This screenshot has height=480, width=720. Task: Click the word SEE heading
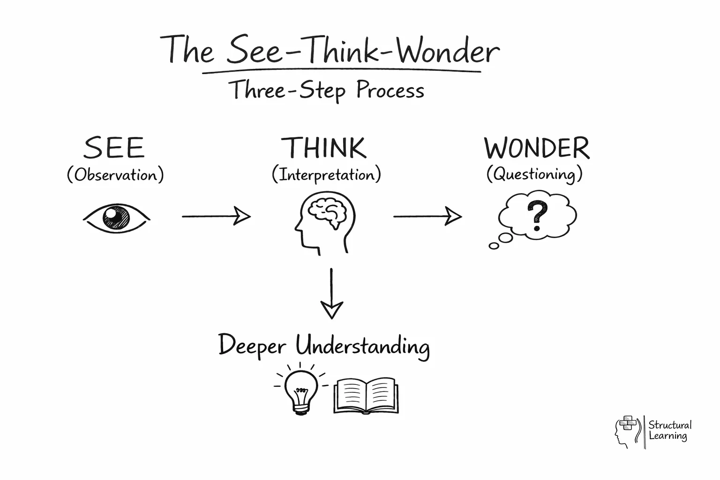point(114,148)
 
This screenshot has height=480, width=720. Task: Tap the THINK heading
point(324,148)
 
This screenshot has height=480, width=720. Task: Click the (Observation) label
point(115,175)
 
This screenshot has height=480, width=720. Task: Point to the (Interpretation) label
point(326,175)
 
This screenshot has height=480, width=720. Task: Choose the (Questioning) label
point(534,174)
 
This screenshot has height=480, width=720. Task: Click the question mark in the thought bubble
point(537,215)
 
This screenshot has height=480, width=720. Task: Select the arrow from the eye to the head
point(216,216)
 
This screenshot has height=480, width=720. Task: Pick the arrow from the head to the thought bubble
point(427,216)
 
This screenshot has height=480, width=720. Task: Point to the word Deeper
point(252,346)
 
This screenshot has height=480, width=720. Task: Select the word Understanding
point(362,346)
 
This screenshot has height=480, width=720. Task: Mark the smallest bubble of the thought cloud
point(494,246)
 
